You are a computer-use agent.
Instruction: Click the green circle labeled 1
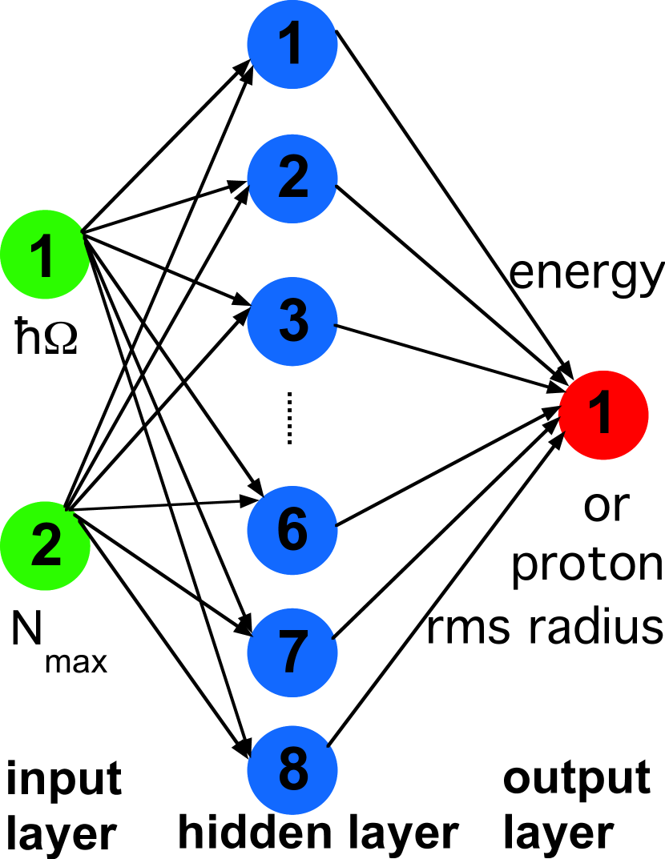[44, 255]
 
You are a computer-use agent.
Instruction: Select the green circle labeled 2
[45, 546]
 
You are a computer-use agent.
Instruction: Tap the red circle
[603, 415]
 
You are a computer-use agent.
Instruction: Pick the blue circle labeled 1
[292, 44]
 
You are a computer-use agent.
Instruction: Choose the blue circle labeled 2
[292, 178]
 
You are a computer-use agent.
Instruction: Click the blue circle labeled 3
[292, 321]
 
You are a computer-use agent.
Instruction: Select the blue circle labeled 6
[292, 530]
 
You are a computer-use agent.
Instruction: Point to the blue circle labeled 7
[292, 652]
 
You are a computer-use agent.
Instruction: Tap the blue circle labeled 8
[292, 770]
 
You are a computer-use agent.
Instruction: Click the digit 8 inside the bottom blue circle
[293, 770]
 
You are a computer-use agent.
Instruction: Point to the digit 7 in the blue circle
[293, 652]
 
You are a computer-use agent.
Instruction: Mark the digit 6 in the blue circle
[292, 529]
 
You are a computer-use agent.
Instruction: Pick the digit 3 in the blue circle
[293, 321]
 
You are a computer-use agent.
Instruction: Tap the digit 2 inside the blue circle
[293, 178]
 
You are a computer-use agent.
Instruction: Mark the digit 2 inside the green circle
[46, 546]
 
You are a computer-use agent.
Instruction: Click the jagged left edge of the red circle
[563, 415]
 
